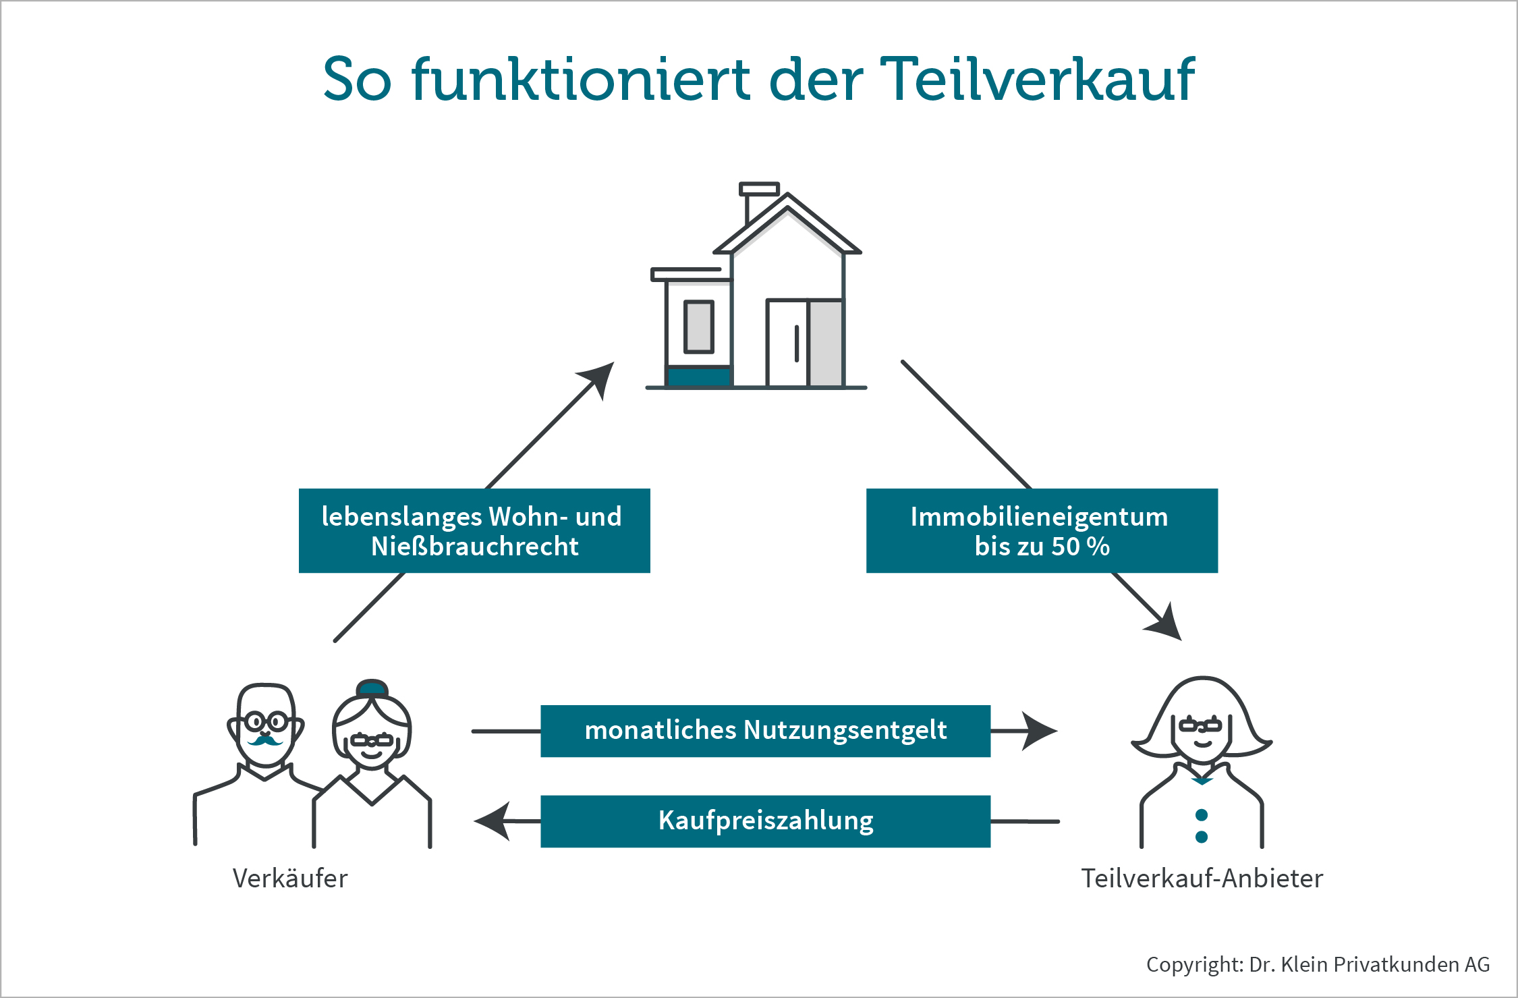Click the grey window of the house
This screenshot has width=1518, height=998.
pos(698,327)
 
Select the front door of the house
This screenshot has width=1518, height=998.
pos(787,343)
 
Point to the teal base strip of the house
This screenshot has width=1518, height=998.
pos(698,377)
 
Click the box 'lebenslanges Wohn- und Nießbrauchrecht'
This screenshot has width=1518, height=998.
pos(474,531)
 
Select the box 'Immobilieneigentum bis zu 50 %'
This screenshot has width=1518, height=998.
pos(1042,531)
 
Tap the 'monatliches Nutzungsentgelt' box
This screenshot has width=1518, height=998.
pos(765,731)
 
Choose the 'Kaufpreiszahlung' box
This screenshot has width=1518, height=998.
pos(765,821)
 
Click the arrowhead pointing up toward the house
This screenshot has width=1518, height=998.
pos(600,377)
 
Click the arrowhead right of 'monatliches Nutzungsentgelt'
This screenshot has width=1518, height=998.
pos(1039,731)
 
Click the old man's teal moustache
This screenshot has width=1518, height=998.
pos(265,741)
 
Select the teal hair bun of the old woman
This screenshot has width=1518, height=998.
pos(372,688)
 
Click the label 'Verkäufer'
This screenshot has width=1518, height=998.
pos(290,879)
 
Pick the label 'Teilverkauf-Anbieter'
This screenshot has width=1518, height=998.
pos(1202,879)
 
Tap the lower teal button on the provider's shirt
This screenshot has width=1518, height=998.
pos(1201,837)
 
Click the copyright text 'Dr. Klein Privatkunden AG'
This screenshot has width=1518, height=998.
pos(1369,964)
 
